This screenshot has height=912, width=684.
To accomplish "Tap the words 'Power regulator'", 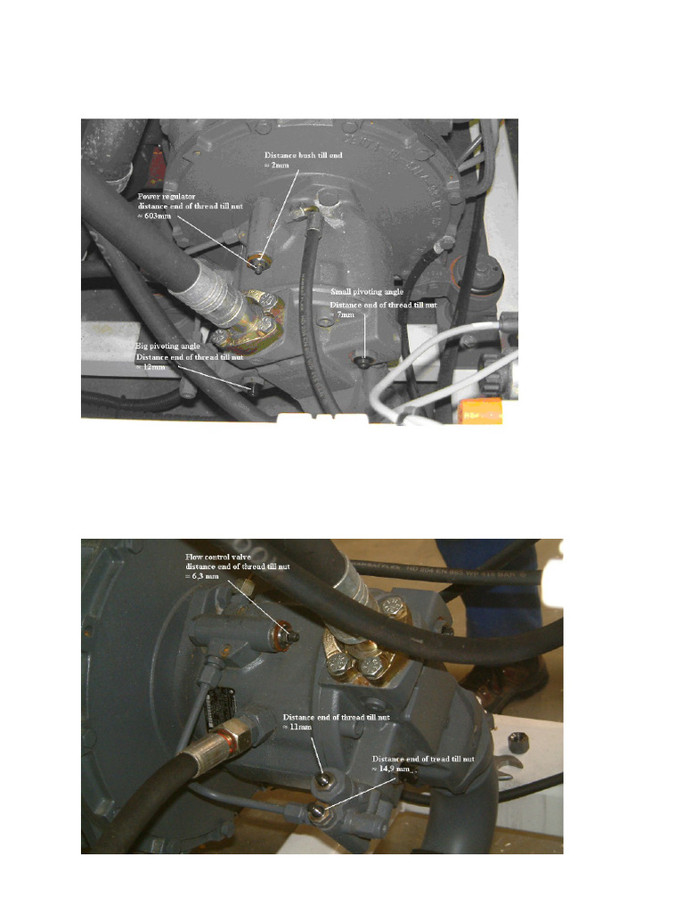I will [x=167, y=196].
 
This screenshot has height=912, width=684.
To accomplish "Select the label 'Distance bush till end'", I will [x=303, y=155].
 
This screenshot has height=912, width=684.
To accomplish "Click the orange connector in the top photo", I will [x=482, y=410].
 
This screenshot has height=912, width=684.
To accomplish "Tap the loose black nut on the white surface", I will [x=514, y=741].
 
